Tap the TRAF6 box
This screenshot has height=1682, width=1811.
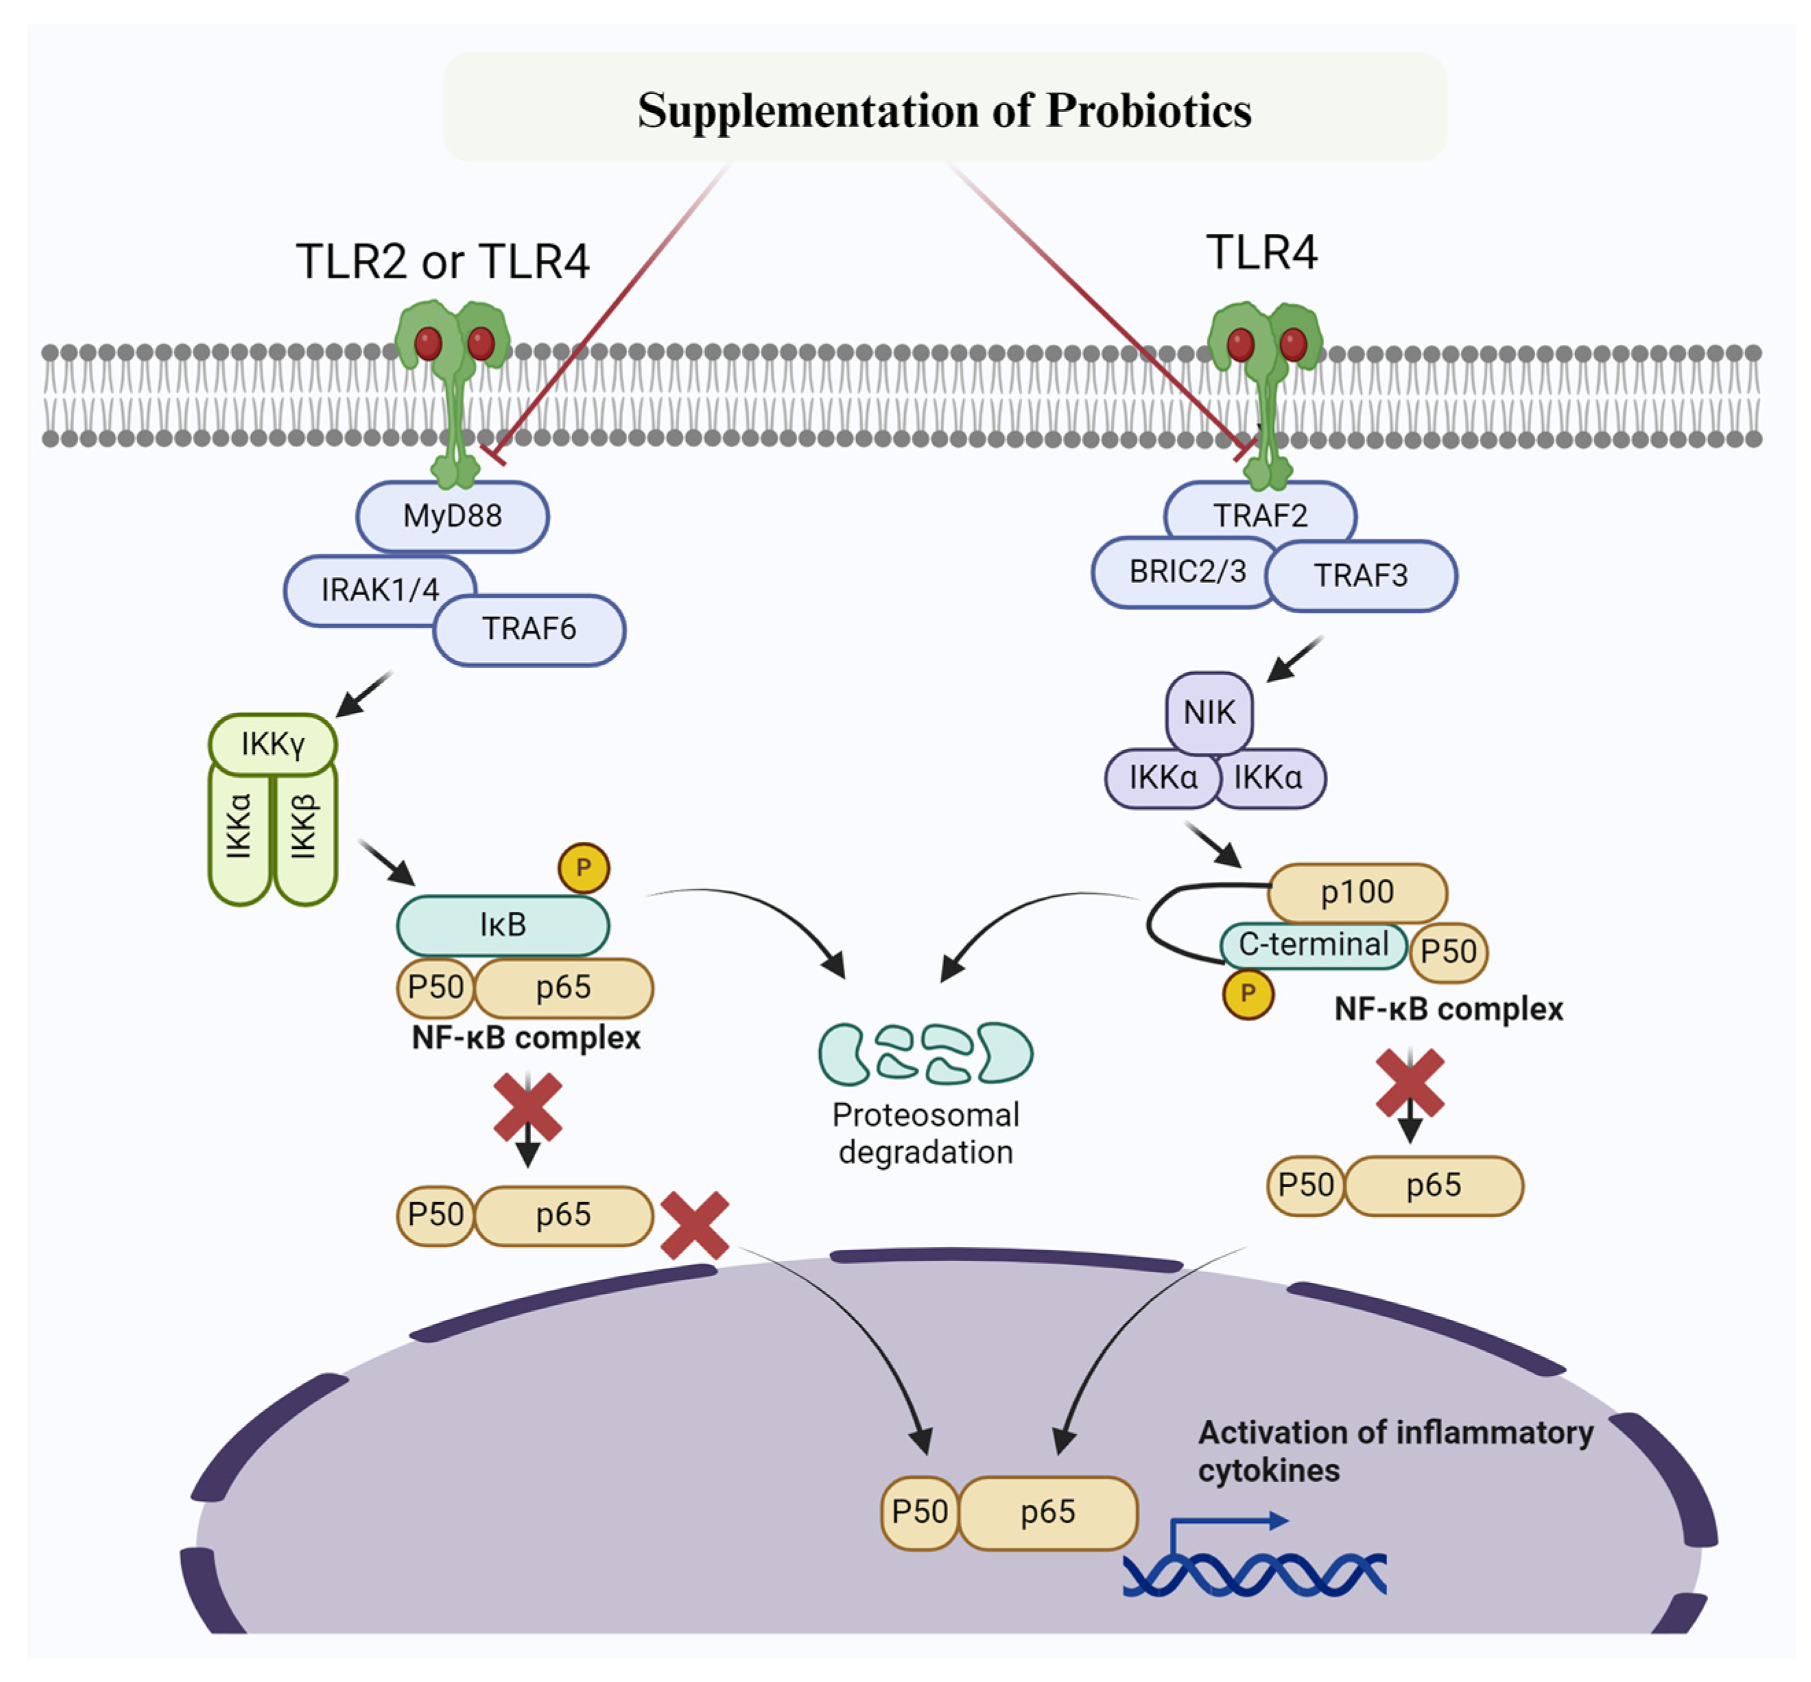529,629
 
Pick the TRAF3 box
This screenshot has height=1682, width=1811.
1360,575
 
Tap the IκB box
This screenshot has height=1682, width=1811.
503,926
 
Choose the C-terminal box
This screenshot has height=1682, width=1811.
1312,945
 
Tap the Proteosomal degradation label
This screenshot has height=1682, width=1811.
925,1134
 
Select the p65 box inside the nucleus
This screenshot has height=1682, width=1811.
1047,1512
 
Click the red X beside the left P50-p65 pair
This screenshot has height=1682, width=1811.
694,1225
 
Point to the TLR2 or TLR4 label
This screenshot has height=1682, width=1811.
442,262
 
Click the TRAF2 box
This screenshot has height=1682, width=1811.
1259,514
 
